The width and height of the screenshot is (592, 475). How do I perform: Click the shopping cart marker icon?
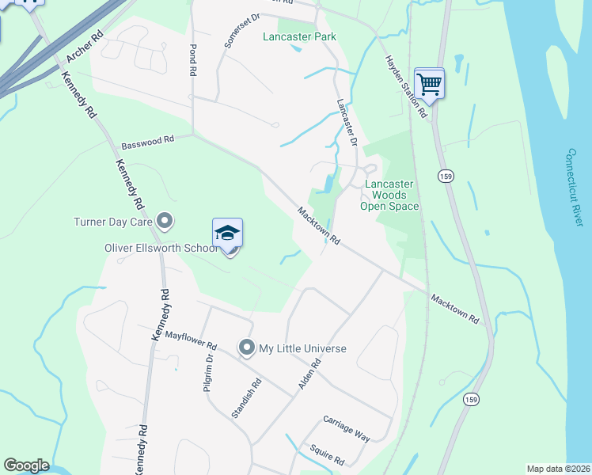coord(429,83)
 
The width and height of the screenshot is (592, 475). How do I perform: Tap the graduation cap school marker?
coord(227,234)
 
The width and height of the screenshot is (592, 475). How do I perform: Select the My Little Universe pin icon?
coord(247,348)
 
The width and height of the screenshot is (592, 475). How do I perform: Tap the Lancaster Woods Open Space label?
coord(389,195)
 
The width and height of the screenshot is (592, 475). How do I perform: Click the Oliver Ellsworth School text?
coord(161,248)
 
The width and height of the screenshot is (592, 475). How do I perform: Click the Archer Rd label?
coord(86,47)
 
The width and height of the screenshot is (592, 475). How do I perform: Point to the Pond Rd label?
coord(192,59)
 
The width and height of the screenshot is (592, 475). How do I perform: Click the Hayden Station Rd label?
coord(405,86)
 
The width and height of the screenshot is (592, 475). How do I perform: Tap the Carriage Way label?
coord(347,427)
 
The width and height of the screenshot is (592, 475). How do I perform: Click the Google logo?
coord(26,465)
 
